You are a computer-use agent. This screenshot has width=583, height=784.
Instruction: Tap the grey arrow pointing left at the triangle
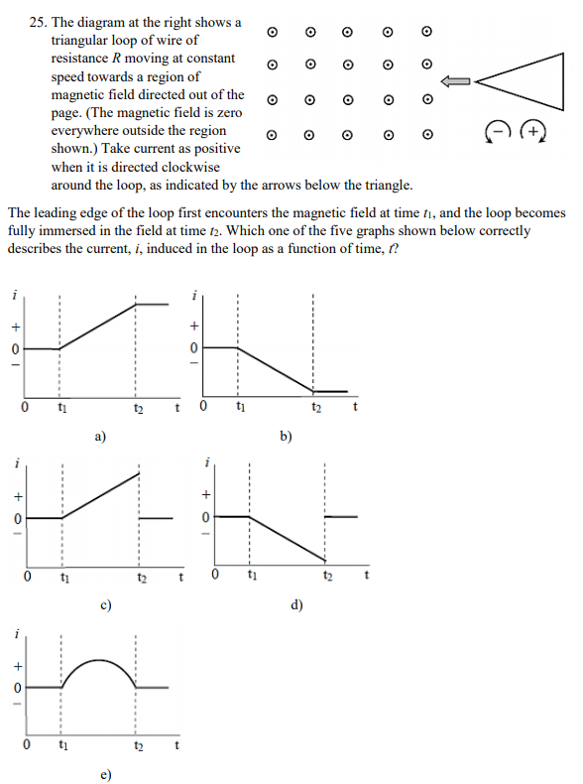click(457, 81)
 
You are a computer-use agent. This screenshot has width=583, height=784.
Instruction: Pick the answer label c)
click(105, 603)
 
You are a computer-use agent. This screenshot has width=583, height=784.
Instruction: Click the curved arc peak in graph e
click(99, 659)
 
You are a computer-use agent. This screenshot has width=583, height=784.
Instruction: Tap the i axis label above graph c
click(16, 462)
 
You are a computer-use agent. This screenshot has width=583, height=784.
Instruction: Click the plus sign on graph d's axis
click(205, 493)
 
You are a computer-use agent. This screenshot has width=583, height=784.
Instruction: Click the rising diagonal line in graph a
click(99, 326)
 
